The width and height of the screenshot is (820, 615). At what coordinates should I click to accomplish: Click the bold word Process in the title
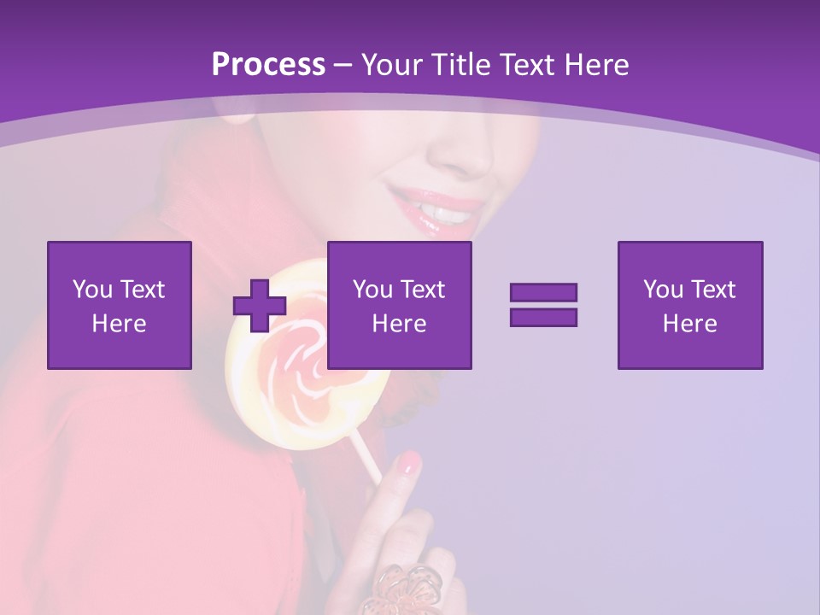click(268, 65)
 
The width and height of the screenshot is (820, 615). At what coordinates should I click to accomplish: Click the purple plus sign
click(260, 305)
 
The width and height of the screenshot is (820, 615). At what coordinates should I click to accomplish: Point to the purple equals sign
click(543, 305)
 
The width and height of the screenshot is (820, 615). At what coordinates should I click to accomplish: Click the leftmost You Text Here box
click(120, 305)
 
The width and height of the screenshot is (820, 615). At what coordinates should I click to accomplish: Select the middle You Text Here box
click(399, 305)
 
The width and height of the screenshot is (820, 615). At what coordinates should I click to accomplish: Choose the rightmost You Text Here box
click(690, 305)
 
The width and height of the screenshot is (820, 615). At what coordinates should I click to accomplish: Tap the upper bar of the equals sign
click(543, 293)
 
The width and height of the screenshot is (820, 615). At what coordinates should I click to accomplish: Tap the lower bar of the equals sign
click(543, 317)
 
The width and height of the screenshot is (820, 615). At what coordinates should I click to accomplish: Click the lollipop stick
click(366, 458)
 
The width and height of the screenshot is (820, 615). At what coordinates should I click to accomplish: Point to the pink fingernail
click(411, 463)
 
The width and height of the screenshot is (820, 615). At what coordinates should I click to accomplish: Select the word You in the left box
click(92, 290)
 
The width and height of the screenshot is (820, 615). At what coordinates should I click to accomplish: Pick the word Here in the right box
click(690, 324)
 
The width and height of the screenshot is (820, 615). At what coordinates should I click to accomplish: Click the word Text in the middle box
click(423, 290)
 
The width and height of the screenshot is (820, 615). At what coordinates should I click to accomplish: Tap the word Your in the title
click(390, 65)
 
